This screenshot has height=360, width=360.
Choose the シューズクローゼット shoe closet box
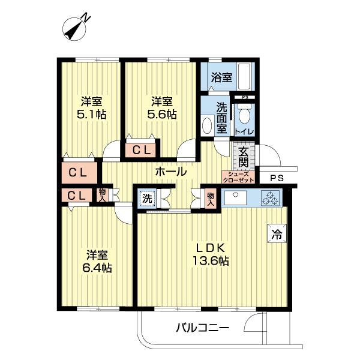pos(238,176)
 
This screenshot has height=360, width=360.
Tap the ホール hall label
pos(170,172)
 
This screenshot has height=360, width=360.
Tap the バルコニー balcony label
pos(202,328)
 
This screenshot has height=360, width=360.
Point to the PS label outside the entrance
pos(277,178)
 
